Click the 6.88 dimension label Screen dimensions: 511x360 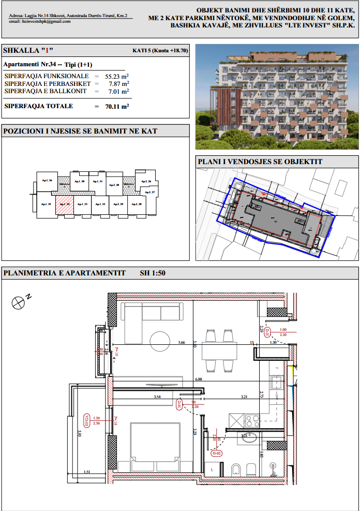(x=198, y=379)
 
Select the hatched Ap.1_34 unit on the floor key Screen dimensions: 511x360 (x=64, y=202)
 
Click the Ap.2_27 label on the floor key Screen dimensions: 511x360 (x=150, y=192)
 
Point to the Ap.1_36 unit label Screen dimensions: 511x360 (x=48, y=181)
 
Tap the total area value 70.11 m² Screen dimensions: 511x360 (x=117, y=107)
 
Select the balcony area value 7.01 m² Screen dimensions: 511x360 (x=118, y=92)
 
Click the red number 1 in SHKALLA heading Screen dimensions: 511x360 (x=47, y=51)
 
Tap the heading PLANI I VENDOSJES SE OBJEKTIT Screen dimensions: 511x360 (x=260, y=162)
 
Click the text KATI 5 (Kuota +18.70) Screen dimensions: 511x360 (x=160, y=51)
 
